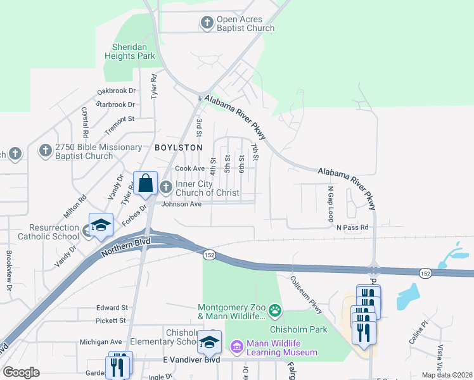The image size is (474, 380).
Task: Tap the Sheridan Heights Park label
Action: tap(133, 51)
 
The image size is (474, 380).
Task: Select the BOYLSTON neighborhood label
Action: tap(178, 147)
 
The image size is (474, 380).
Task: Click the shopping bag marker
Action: tap(145, 182)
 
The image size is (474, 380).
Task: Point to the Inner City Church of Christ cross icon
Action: tap(166, 187)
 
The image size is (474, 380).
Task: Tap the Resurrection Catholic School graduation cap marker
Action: tap(101, 226)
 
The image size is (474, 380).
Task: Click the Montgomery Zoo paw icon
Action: tap(275, 310)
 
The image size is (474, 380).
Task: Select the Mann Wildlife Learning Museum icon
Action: tap(236, 346)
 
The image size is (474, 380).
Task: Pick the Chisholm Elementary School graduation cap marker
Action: tap(209, 341)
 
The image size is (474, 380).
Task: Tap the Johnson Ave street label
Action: tap(181, 204)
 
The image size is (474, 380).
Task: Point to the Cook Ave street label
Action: tap(189, 168)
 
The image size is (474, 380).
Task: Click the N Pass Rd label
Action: tap(352, 227)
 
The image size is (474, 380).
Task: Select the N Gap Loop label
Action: tap(330, 203)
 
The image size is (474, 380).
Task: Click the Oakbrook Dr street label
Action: tap(116, 91)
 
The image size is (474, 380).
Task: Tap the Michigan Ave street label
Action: tap(100, 342)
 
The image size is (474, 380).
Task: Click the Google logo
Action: tap(21, 372)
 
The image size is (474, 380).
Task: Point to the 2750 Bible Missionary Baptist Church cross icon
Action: tap(45, 151)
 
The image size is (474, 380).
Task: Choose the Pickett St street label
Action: tap(111, 320)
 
